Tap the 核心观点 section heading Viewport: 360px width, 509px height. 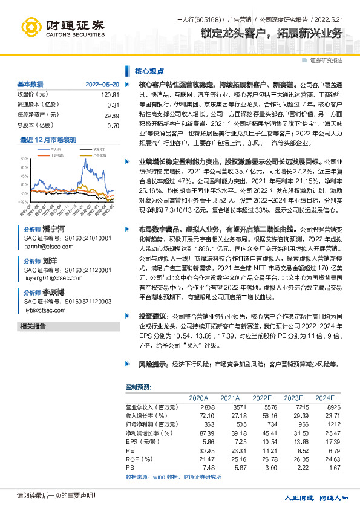click(x=145, y=71)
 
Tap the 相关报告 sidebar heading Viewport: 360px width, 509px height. click(x=33, y=326)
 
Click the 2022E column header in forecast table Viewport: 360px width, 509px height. click(x=262, y=398)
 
